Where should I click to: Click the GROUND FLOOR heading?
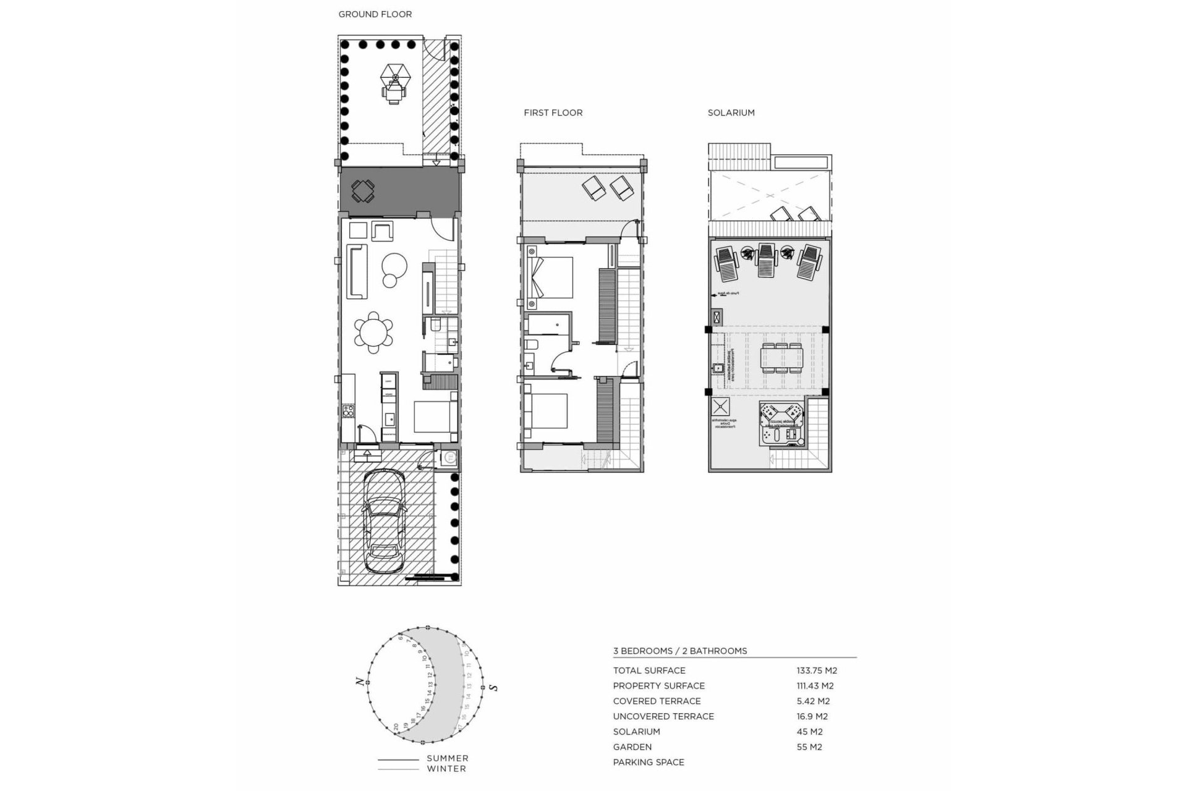point(375,14)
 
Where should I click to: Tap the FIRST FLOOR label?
point(553,112)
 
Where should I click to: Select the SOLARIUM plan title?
point(731,112)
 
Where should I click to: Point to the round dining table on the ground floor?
point(373,332)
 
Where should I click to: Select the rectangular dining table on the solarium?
point(782,357)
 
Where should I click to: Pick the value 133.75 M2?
point(817,670)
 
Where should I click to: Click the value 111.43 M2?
point(815,686)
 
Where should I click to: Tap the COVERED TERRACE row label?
point(657,701)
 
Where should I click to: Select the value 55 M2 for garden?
point(809,747)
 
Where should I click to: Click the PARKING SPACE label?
point(649,763)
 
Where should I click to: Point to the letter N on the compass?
point(359,681)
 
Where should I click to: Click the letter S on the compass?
point(493,687)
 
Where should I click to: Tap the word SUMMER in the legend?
point(447,758)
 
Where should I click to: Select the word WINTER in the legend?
point(446,769)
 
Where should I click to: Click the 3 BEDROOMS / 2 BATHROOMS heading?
point(679,651)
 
